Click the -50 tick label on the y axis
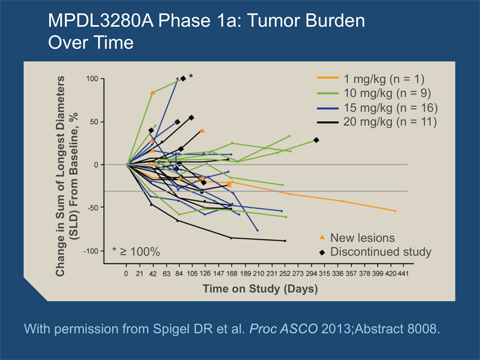click(x=89, y=208)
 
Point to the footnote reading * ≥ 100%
click(x=136, y=251)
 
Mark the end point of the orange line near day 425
click(x=395, y=211)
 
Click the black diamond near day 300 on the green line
click(x=316, y=140)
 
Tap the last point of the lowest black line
click(x=285, y=241)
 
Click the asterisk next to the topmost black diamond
click(x=191, y=76)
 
